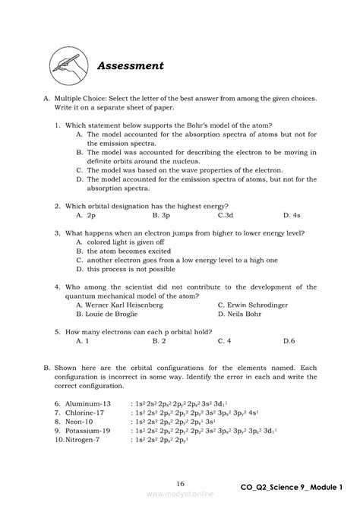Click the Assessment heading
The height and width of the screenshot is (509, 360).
(130, 65)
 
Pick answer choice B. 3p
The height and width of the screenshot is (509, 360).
(160, 215)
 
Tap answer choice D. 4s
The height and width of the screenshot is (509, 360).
(292, 215)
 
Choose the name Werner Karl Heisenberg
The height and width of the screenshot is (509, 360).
(119, 304)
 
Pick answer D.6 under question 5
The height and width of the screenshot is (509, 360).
(289, 340)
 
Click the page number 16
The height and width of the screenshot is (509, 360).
(180, 483)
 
